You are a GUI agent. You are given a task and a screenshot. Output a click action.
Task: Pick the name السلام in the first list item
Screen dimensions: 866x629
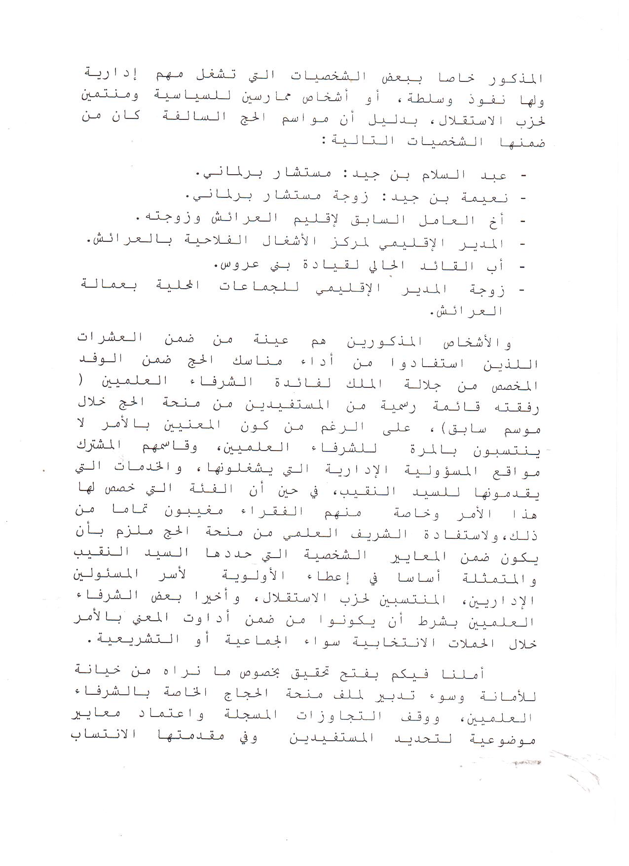pos(434,176)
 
